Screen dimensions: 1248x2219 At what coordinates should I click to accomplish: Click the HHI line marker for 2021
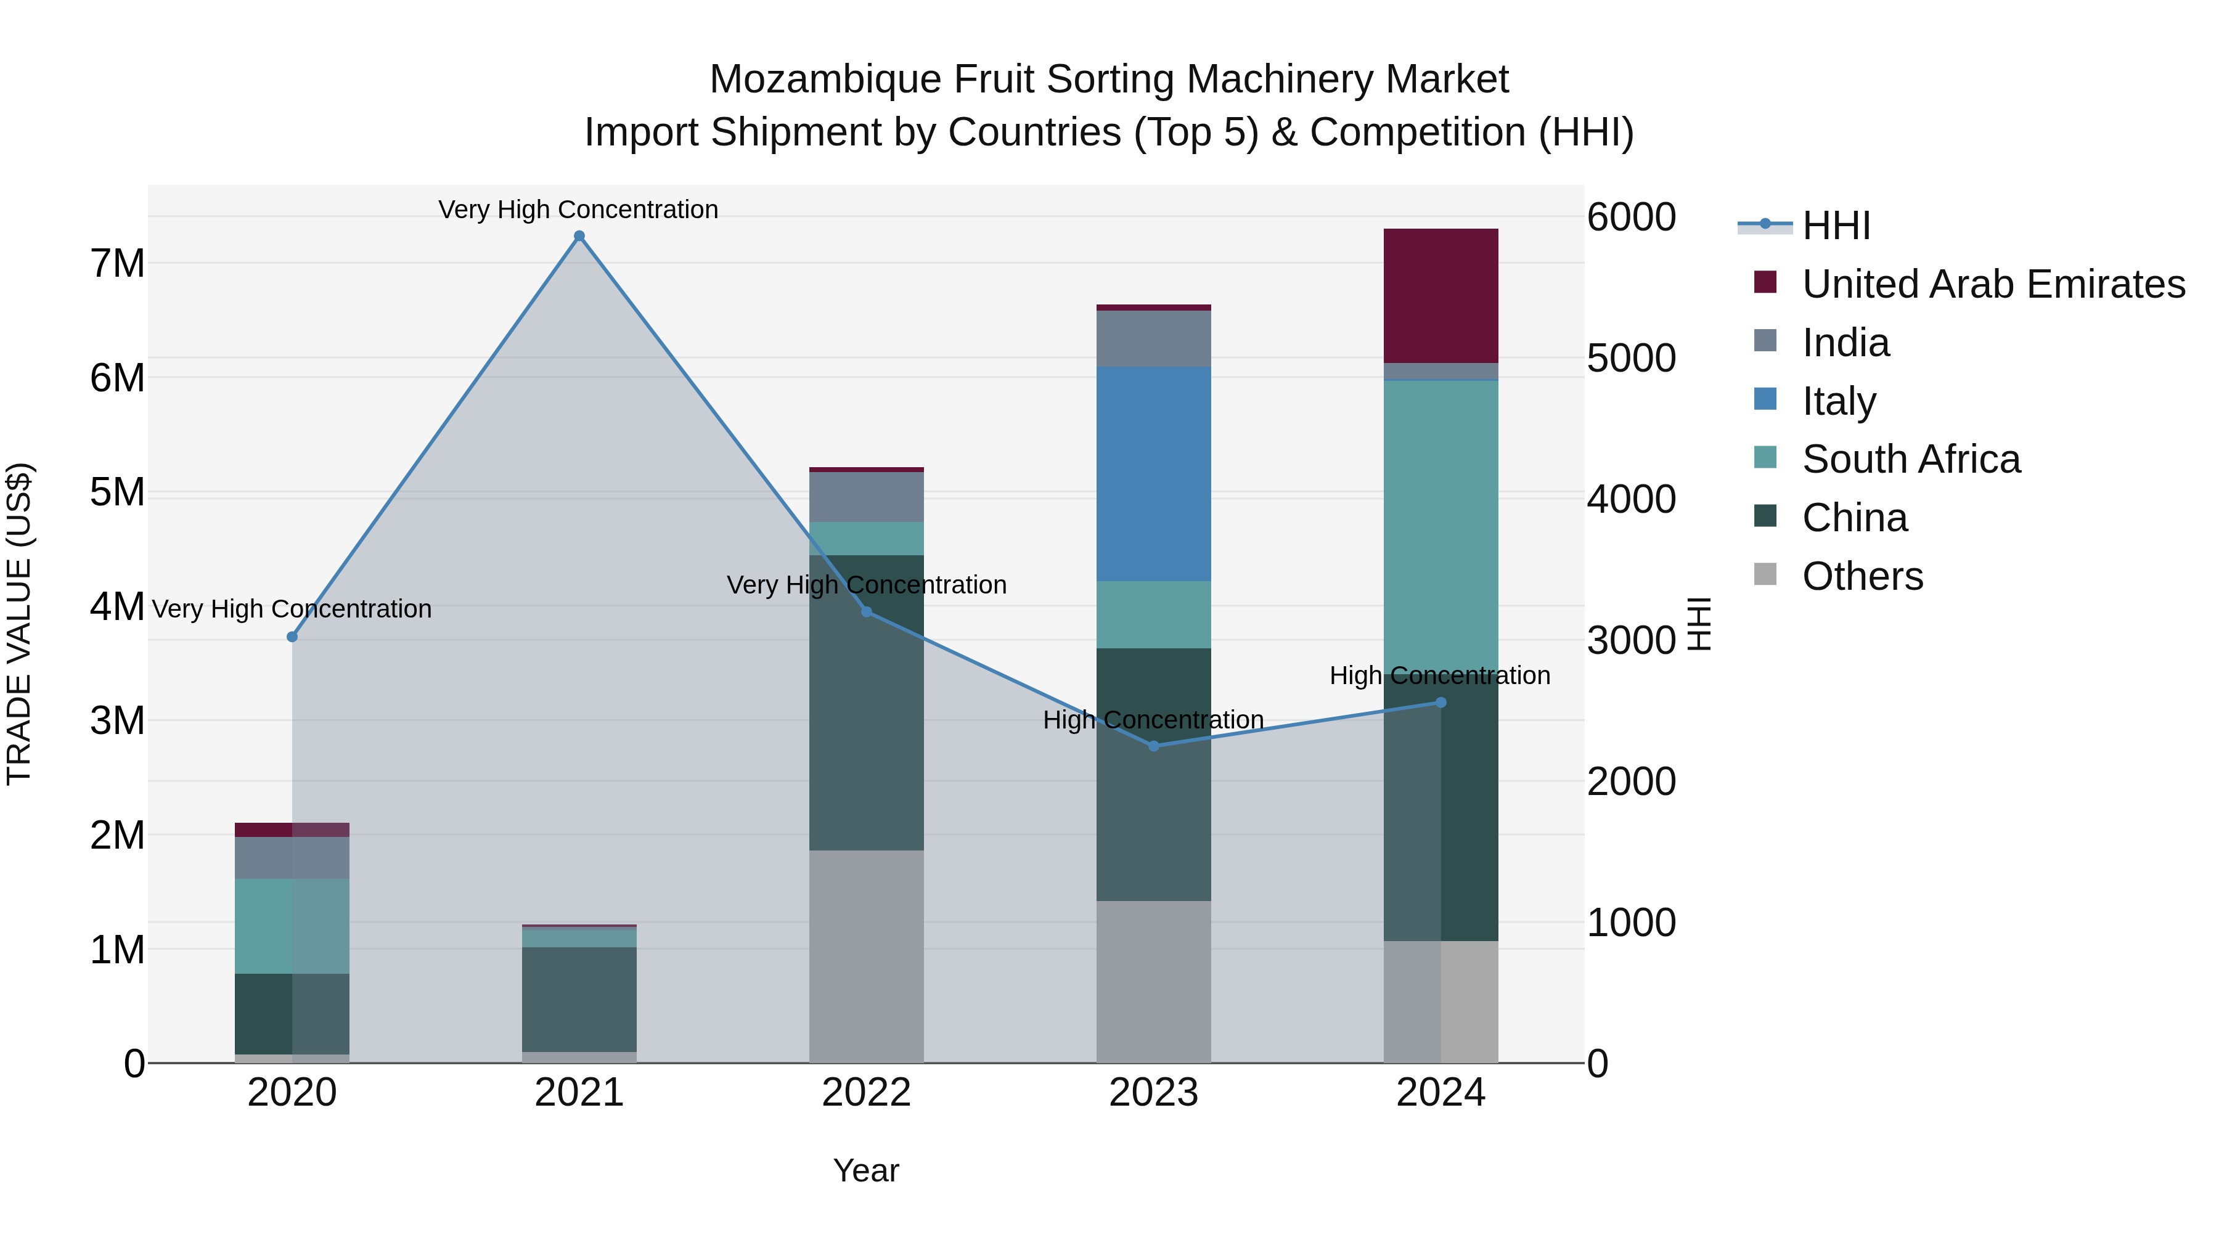click(x=579, y=236)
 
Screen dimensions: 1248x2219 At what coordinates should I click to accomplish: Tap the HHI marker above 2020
click(x=292, y=637)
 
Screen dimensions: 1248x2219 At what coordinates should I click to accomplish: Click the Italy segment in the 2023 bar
click(x=1153, y=474)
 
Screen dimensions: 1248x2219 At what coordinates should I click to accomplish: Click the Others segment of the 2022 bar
click(x=866, y=956)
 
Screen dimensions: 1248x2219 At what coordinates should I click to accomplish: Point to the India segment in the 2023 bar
click(x=1153, y=338)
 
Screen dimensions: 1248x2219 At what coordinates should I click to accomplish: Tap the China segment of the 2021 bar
click(x=579, y=999)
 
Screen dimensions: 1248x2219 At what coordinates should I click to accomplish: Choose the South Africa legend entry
click(x=1911, y=460)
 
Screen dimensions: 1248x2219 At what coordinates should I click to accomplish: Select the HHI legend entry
click(x=1836, y=226)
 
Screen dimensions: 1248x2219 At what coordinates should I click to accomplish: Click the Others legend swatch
click(x=1765, y=574)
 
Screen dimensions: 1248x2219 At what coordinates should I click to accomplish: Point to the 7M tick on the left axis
click(x=117, y=264)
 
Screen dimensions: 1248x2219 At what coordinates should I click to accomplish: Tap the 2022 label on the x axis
click(x=866, y=1093)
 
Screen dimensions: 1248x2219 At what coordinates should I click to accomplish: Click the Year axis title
click(x=866, y=1170)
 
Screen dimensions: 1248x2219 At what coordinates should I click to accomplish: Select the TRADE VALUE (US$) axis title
click(x=19, y=624)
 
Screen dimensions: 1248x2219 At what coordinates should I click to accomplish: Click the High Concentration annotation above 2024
click(x=1439, y=675)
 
